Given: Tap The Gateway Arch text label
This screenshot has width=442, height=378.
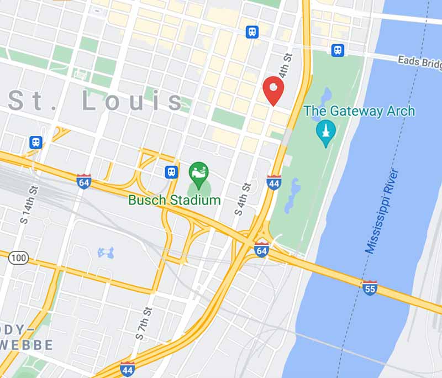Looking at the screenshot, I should [359, 111].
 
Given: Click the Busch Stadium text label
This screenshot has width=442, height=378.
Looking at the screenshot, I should [174, 200].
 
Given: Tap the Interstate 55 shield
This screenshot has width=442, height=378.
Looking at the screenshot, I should [370, 287].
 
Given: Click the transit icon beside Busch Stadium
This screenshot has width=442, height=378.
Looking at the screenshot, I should [171, 172].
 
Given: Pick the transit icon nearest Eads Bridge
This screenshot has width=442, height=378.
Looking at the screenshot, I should [338, 50].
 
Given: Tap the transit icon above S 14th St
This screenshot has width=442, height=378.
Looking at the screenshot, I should [36, 143].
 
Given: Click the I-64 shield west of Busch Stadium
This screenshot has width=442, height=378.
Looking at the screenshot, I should [83, 181].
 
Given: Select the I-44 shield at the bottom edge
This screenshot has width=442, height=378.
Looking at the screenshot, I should [127, 369].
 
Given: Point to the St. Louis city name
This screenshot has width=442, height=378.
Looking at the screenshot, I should [96, 102].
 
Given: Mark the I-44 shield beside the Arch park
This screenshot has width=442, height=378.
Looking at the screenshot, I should [273, 182].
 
